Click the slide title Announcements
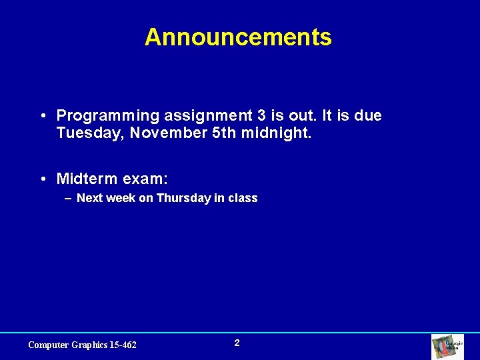[238, 37]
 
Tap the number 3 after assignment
[261, 116]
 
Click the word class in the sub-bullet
[243, 198]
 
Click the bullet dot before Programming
[42, 117]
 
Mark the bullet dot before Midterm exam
[42, 179]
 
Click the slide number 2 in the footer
[237, 343]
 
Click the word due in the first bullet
[368, 116]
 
